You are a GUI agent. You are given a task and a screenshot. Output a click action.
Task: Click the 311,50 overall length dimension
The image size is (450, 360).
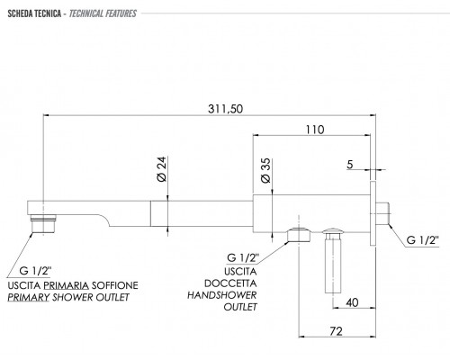coord(225,109)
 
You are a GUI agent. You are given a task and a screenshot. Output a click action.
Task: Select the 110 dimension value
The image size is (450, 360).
coord(315,130)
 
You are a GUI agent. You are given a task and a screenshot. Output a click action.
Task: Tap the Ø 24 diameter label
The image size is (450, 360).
coord(162,169)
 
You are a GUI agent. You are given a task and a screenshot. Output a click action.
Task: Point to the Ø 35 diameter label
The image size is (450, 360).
coord(265,171)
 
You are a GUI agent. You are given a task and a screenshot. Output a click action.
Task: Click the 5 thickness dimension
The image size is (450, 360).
coord(350,165)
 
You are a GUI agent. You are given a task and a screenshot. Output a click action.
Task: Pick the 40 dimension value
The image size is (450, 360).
coord(352,302)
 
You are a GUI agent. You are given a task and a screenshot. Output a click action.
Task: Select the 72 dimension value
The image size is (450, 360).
coord(336,331)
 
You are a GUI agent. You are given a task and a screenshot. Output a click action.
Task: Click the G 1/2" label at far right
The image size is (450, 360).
coord(422,240)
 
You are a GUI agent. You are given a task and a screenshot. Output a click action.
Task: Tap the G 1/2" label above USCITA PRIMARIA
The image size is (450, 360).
coord(35,271)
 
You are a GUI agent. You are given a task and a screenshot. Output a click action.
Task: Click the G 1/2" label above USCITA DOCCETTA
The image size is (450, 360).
coord(243,257)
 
